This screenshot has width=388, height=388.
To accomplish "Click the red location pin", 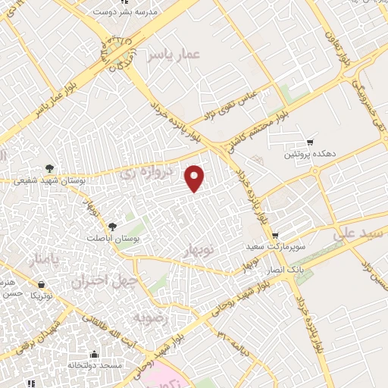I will click(196, 177).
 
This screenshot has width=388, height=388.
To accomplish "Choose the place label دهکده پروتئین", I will click(310, 155).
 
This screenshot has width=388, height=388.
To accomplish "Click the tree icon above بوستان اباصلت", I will click(113, 226).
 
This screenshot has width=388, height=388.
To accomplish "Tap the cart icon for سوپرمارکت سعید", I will click(275, 236).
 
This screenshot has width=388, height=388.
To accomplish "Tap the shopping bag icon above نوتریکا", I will click(40, 286).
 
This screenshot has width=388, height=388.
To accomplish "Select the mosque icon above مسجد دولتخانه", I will click(94, 354).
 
